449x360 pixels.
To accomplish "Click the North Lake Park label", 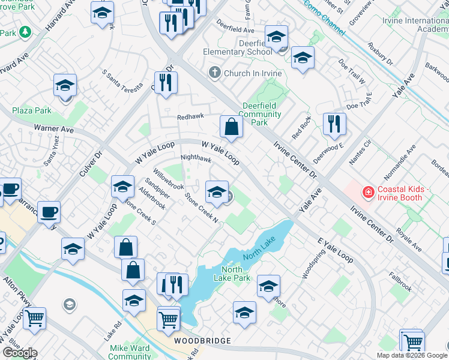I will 235,274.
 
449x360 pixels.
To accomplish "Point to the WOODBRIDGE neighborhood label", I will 202,341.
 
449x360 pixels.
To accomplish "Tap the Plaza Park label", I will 32,110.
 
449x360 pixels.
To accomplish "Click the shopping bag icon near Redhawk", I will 231,127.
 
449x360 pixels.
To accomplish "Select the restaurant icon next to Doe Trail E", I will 334,124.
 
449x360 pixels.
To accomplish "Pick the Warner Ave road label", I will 53,128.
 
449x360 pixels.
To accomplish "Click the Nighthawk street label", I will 196,159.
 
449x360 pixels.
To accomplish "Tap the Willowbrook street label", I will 168,178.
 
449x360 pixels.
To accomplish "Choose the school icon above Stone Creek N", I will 217,192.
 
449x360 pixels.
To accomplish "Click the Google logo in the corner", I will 19,353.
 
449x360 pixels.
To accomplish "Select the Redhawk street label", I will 190,118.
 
